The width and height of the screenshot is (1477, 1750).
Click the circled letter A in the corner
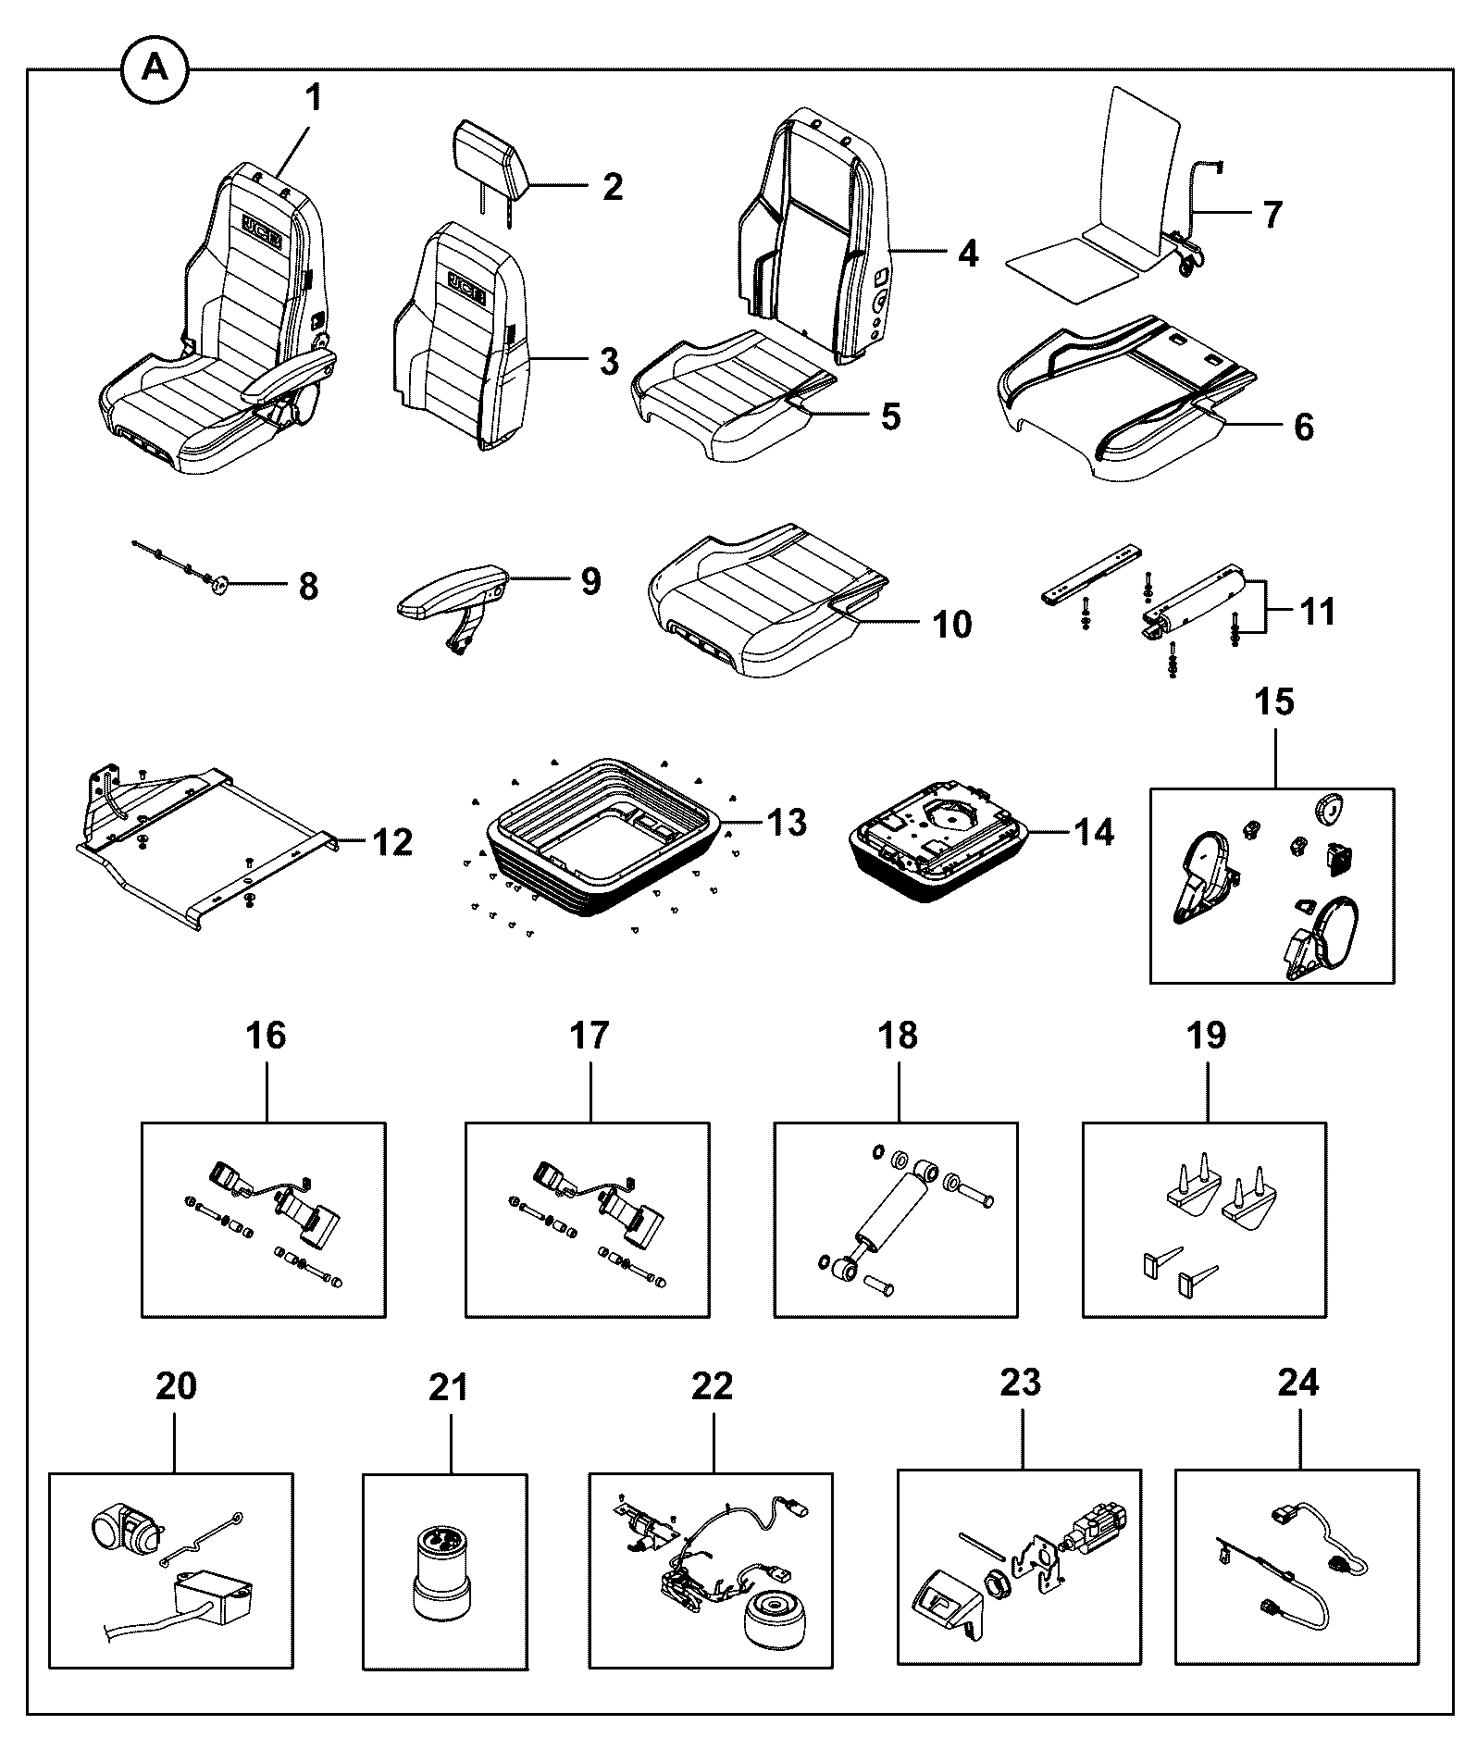(155, 68)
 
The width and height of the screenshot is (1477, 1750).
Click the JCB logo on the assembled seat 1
(265, 226)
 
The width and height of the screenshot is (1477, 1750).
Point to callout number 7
(1272, 215)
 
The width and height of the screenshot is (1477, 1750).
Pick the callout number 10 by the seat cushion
(951, 625)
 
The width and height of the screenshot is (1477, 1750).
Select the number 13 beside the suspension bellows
(786, 821)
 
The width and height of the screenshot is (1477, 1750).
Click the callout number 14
(1093, 832)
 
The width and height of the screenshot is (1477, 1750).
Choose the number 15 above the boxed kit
(1274, 701)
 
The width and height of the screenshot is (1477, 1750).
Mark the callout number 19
(1206, 1035)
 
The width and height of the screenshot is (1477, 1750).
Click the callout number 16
(266, 1035)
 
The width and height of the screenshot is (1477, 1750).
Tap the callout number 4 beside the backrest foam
(968, 252)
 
